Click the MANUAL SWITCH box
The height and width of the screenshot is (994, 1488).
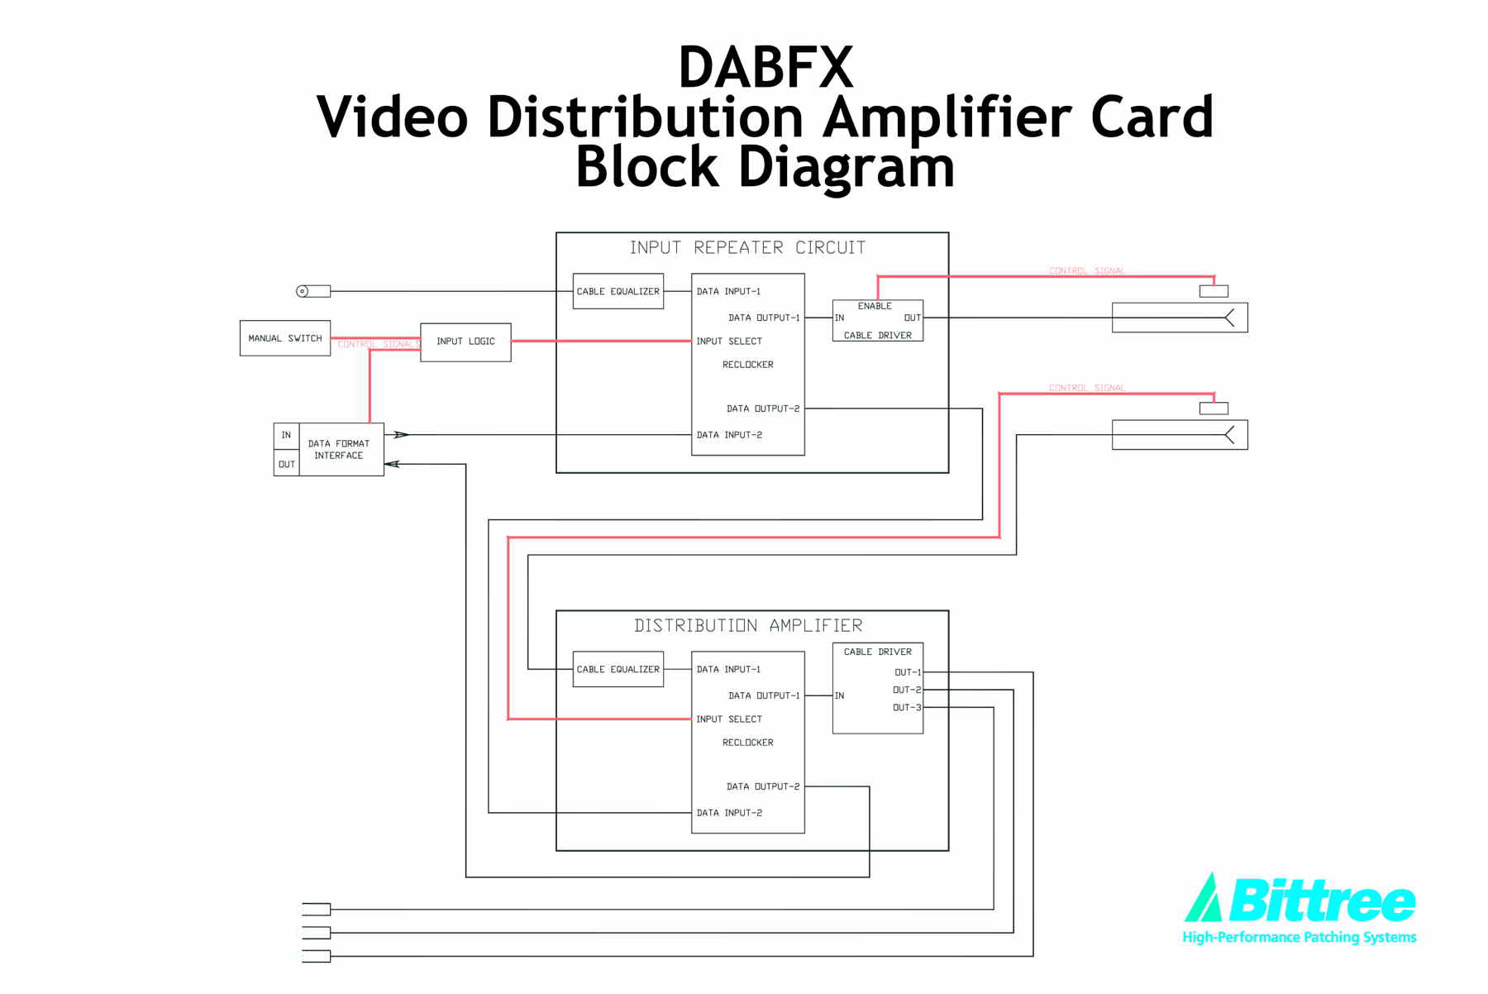coord(284,338)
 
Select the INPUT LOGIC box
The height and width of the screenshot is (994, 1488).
coord(465,342)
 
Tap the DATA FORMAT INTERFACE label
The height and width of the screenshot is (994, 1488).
coord(339,450)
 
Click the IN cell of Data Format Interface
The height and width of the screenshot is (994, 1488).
coord(286,436)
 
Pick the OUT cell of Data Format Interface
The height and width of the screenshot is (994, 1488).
coord(286,465)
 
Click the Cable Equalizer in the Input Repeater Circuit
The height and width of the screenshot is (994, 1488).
coord(618,291)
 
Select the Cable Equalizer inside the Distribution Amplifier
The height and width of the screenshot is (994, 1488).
coord(618,670)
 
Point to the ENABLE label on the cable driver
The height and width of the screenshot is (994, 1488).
coord(875,306)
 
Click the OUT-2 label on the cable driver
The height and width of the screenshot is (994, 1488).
coord(906,690)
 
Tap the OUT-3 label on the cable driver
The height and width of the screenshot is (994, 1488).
coord(906,708)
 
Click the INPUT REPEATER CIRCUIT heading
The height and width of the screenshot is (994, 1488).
coord(747,248)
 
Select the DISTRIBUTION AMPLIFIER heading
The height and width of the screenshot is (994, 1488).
coord(747,626)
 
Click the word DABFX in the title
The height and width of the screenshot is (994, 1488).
coord(765,68)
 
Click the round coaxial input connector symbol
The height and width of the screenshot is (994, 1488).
coord(303,291)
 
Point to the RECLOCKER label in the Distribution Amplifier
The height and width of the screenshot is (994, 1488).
coord(747,743)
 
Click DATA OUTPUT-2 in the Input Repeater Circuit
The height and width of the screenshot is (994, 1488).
coord(762,409)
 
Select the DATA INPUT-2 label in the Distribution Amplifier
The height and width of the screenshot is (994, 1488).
coord(729,813)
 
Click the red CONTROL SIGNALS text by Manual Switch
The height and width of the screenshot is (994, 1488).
coord(378,345)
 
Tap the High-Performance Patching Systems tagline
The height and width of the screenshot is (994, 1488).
coord(1299,937)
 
